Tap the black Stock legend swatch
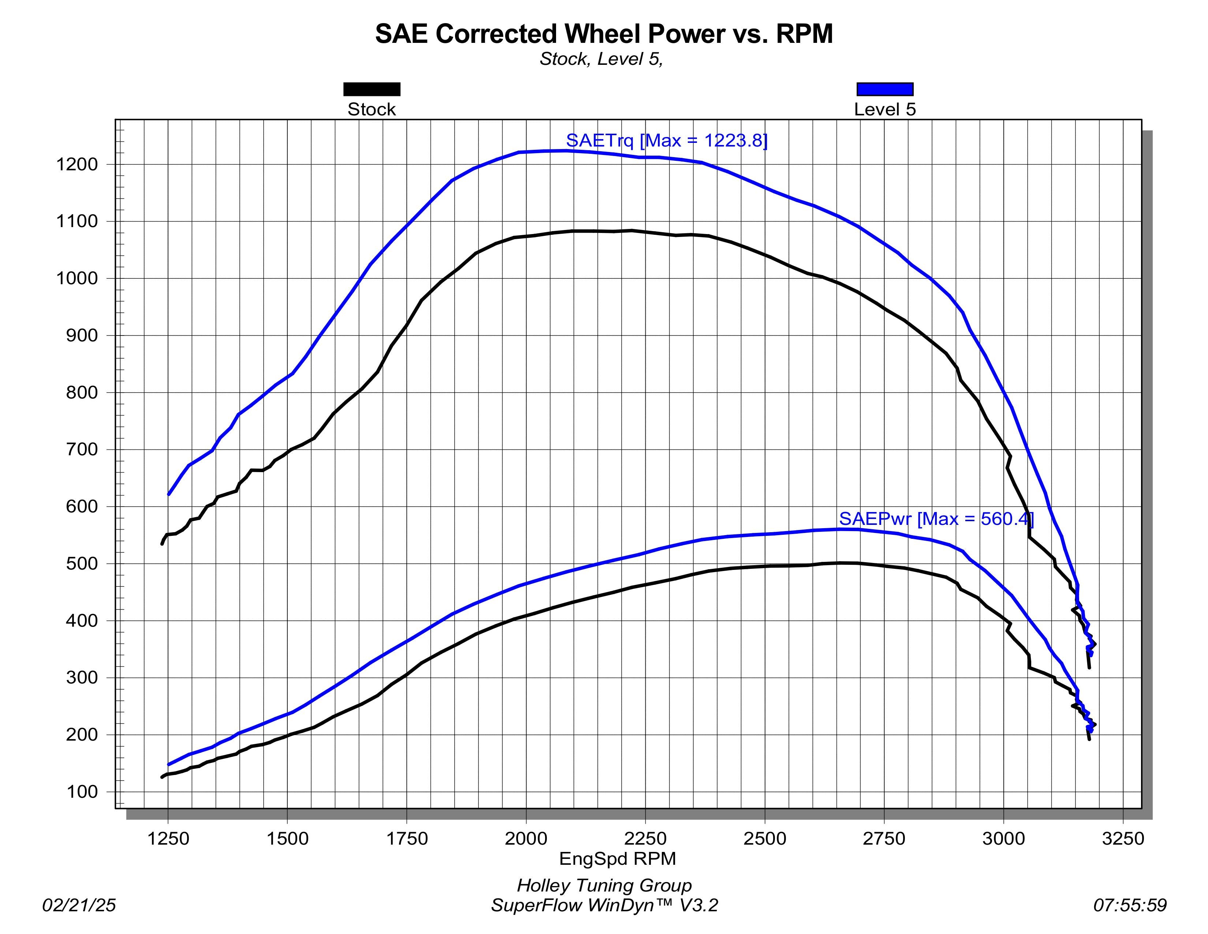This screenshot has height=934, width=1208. [x=372, y=89]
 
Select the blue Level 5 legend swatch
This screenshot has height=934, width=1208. [x=884, y=89]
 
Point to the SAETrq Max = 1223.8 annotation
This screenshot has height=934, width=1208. [x=667, y=141]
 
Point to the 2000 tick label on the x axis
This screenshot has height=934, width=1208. [x=526, y=839]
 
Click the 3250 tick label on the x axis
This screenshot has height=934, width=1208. [x=1123, y=839]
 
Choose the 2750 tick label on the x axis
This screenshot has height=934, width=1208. [x=884, y=839]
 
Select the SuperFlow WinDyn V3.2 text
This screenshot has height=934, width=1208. [x=604, y=905]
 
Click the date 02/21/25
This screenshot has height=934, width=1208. [x=79, y=905]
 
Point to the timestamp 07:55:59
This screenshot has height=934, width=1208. [x=1130, y=905]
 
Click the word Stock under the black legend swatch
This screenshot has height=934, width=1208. [x=372, y=110]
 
